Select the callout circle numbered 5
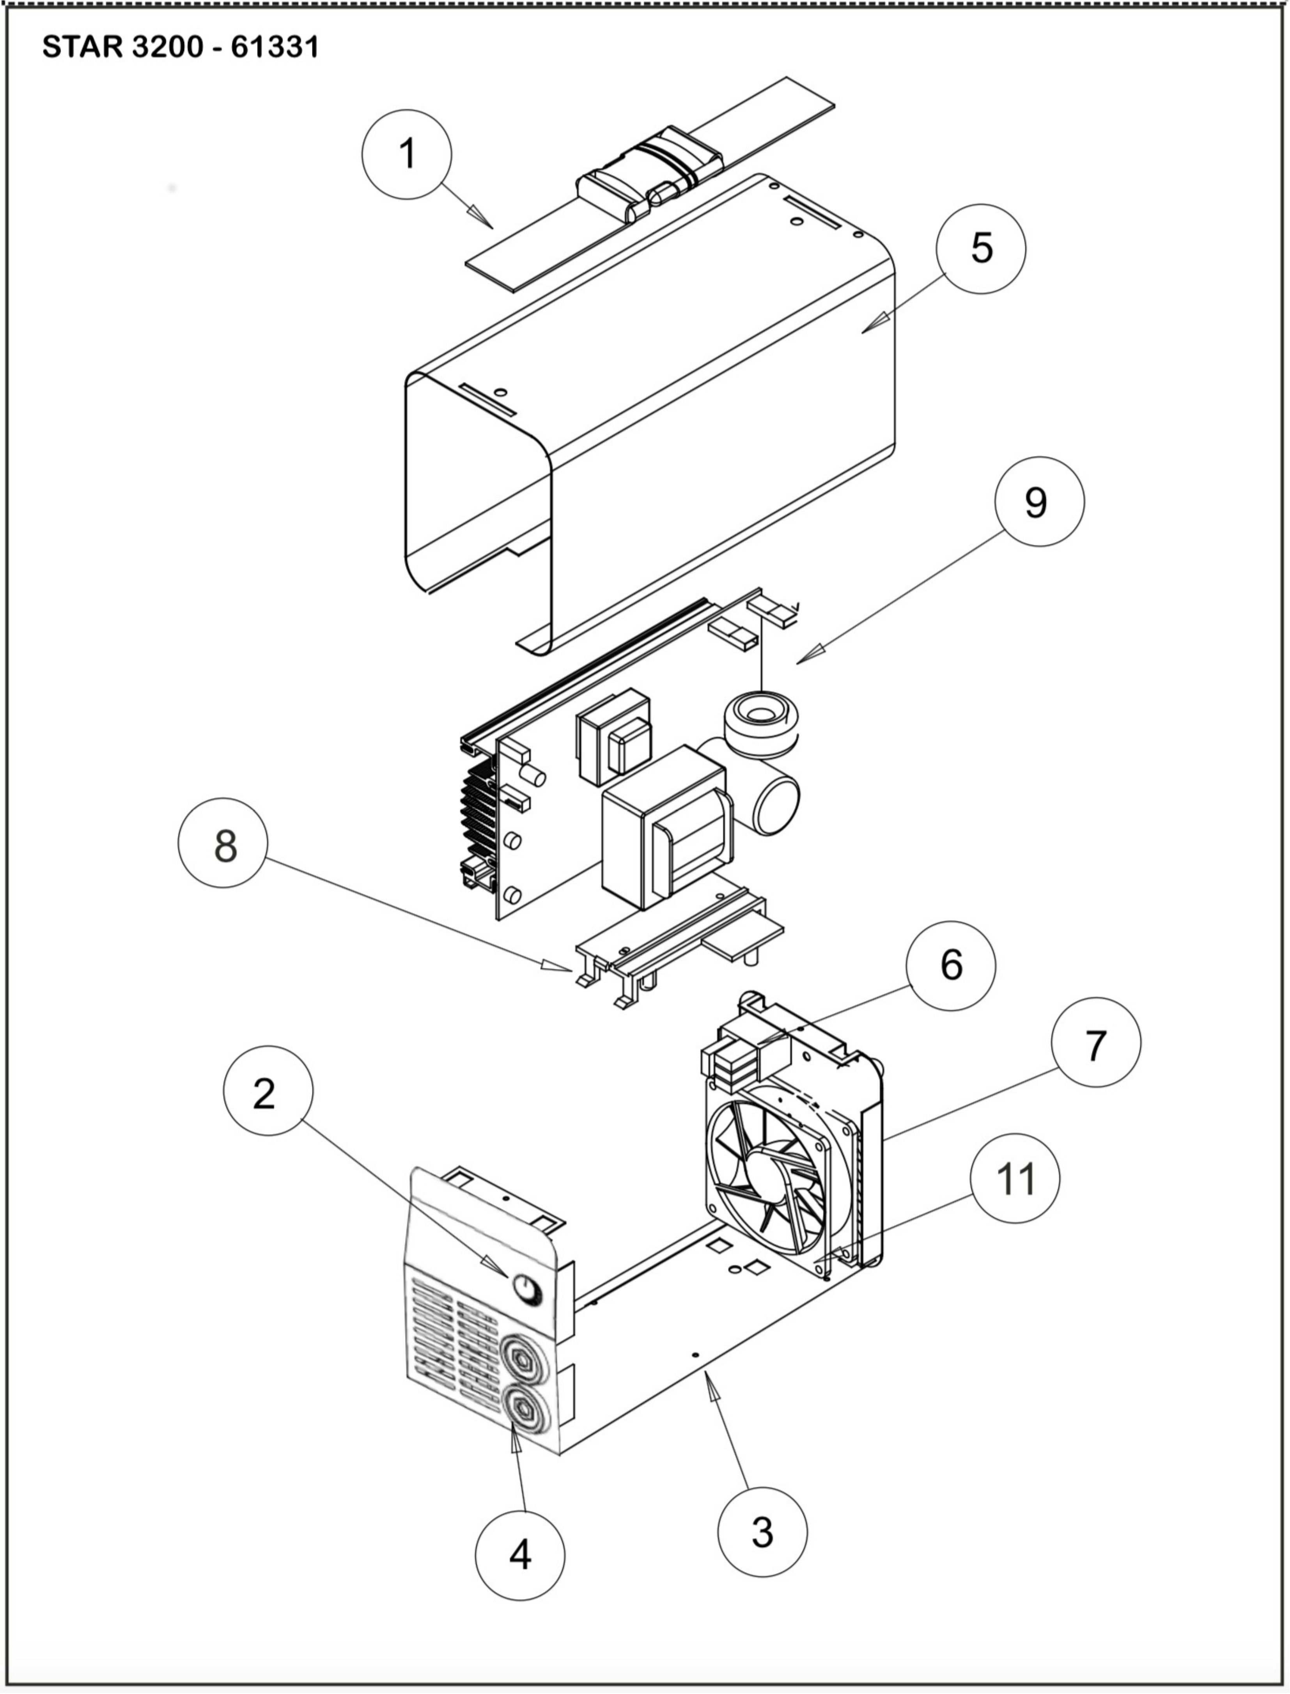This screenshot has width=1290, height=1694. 980,248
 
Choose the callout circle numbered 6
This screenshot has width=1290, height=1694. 951,965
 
